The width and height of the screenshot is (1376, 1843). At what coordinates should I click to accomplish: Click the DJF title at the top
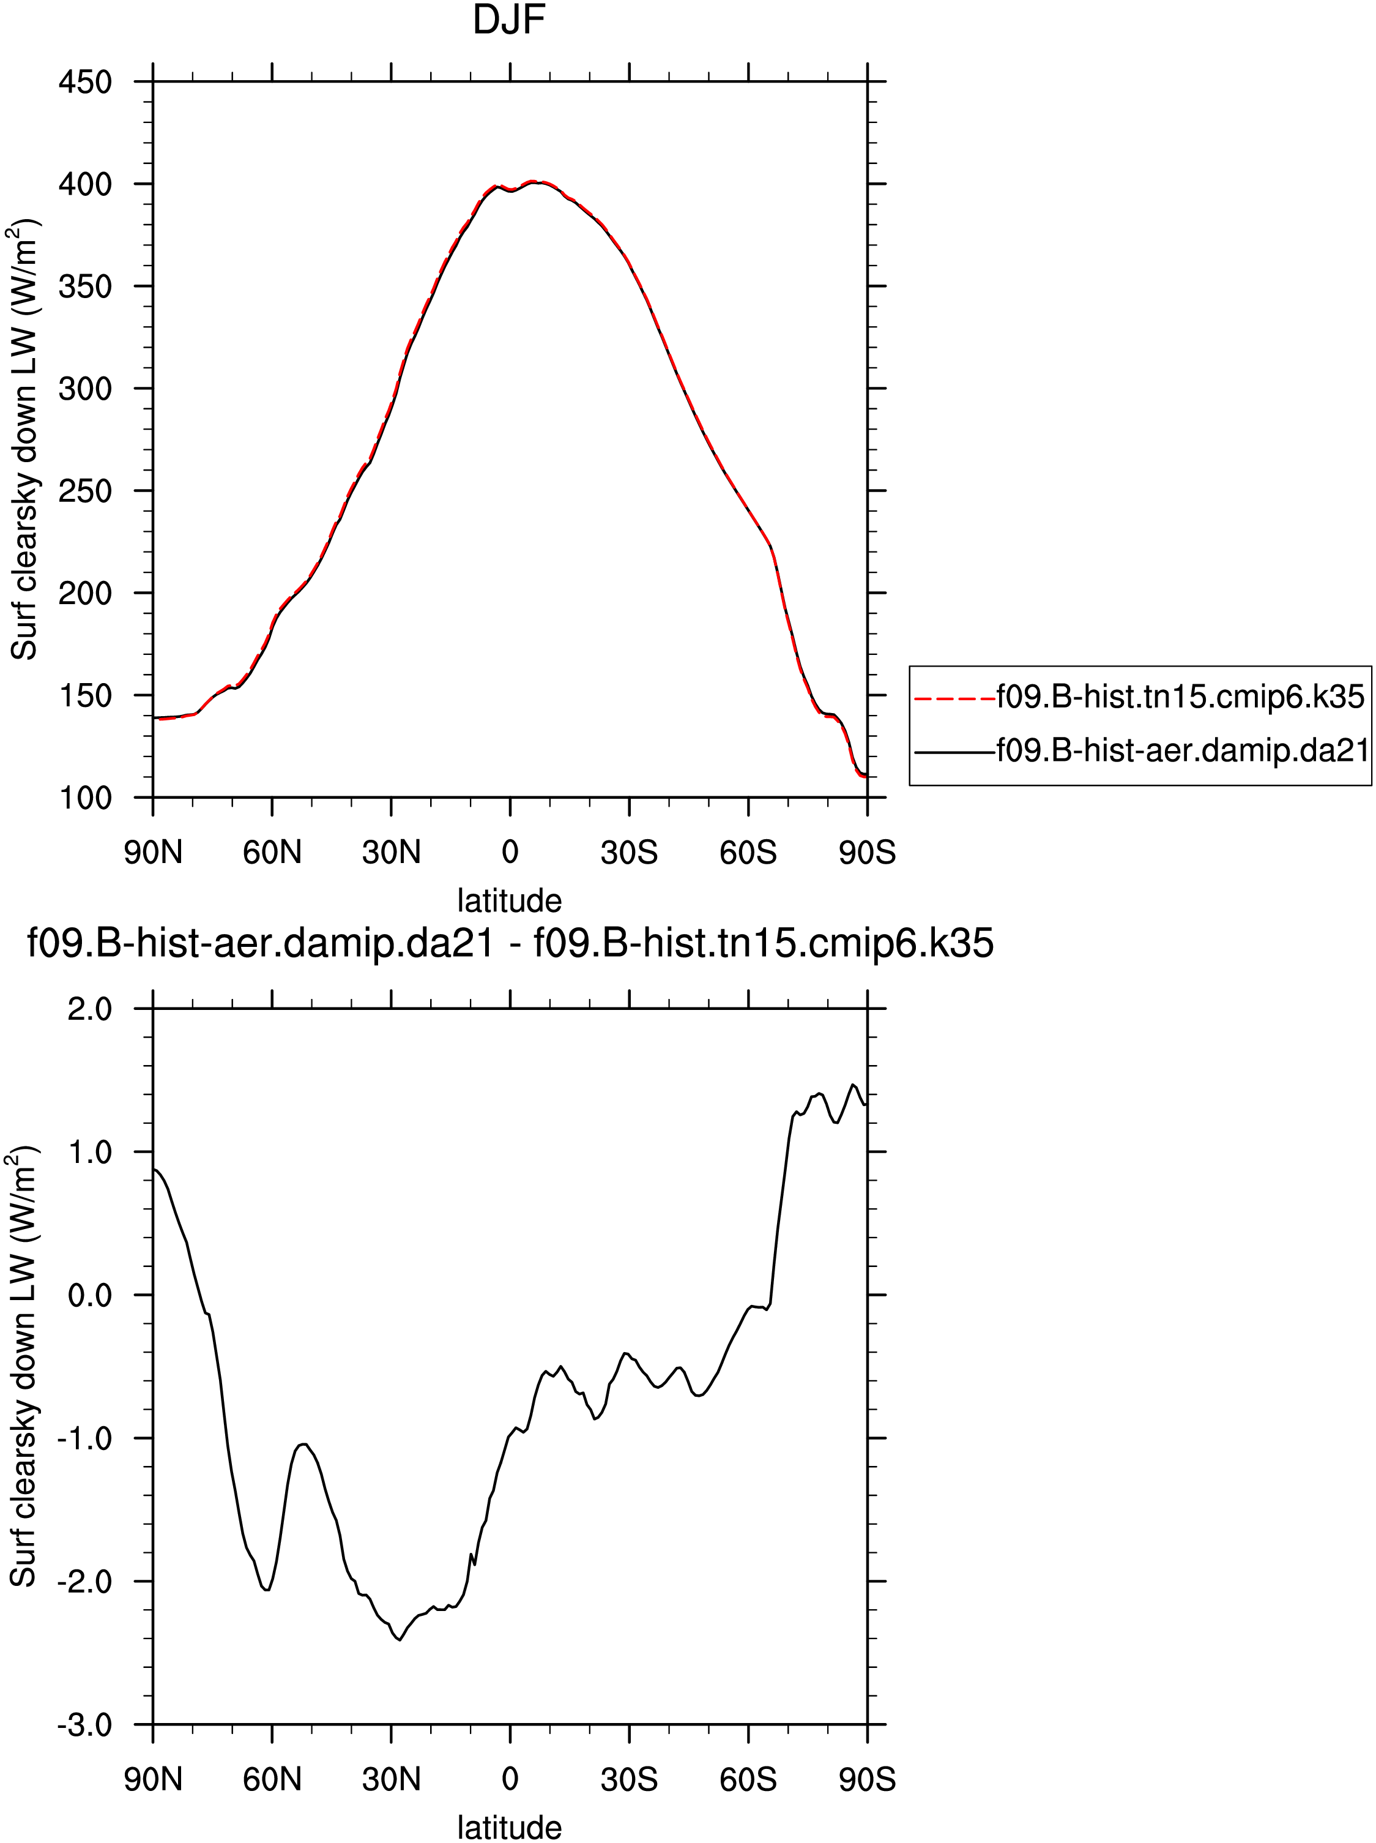pos(509,20)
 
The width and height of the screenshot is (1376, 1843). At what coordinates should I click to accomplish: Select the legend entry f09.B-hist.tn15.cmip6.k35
pos(1180,697)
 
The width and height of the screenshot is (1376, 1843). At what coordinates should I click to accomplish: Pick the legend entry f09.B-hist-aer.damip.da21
pos(1183,752)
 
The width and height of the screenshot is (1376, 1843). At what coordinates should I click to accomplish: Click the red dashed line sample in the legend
pos(954,698)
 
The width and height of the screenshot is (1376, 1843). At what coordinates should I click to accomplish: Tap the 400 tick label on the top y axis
pos(85,184)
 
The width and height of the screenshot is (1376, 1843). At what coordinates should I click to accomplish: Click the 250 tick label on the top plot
pos(85,491)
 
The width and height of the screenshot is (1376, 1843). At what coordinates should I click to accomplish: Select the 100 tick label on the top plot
pos(85,798)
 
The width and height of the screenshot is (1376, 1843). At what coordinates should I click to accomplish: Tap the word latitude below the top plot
pos(509,900)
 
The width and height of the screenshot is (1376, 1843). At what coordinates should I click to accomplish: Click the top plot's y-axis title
pos(25,440)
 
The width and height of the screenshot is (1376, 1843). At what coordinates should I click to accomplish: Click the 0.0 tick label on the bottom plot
pos(90,1296)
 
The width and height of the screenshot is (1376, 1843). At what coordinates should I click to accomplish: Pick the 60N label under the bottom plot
pos(272,1780)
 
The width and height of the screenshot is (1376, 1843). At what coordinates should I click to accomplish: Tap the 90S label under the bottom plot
pos(867,1780)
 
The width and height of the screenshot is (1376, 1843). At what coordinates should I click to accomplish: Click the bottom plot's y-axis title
pos(25,1366)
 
